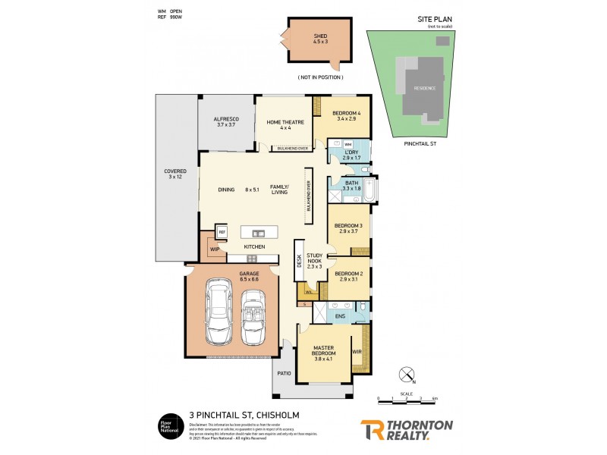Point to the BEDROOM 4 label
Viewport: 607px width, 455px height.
point(345,116)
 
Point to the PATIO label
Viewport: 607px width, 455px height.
point(285,372)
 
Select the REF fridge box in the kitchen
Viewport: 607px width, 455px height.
point(222,232)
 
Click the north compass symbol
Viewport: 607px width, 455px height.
point(407,374)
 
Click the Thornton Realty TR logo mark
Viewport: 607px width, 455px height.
point(371,429)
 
